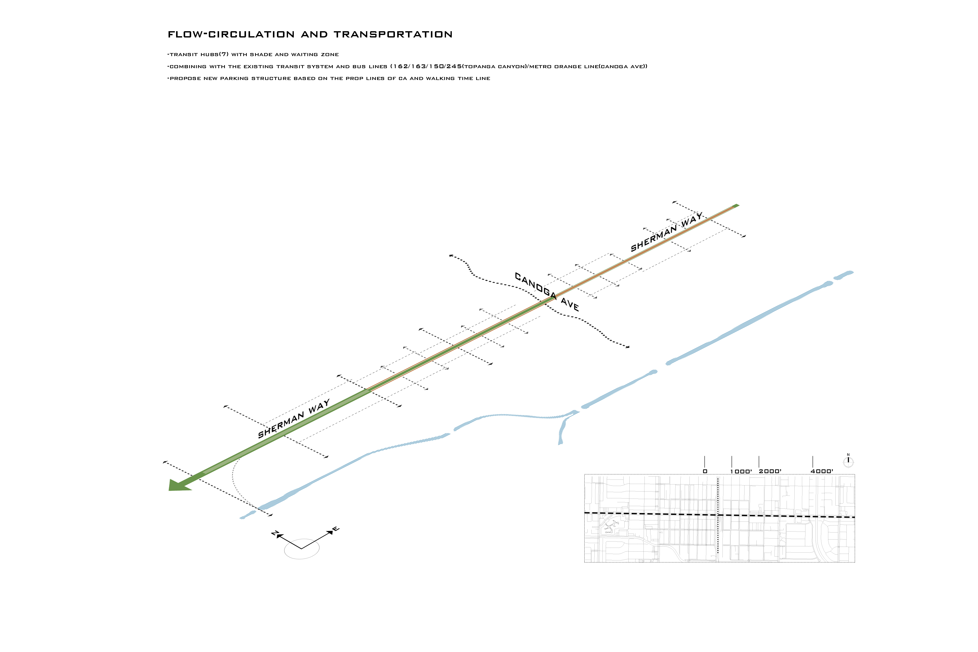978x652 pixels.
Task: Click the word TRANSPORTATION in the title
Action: pos(393,34)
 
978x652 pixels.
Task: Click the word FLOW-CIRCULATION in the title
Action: pos(231,34)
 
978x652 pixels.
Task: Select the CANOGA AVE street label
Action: pos(547,292)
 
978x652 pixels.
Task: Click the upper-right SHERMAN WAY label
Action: pos(667,232)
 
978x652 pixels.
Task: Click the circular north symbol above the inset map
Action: pos(848,462)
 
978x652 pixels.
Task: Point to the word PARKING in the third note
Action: pos(234,78)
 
